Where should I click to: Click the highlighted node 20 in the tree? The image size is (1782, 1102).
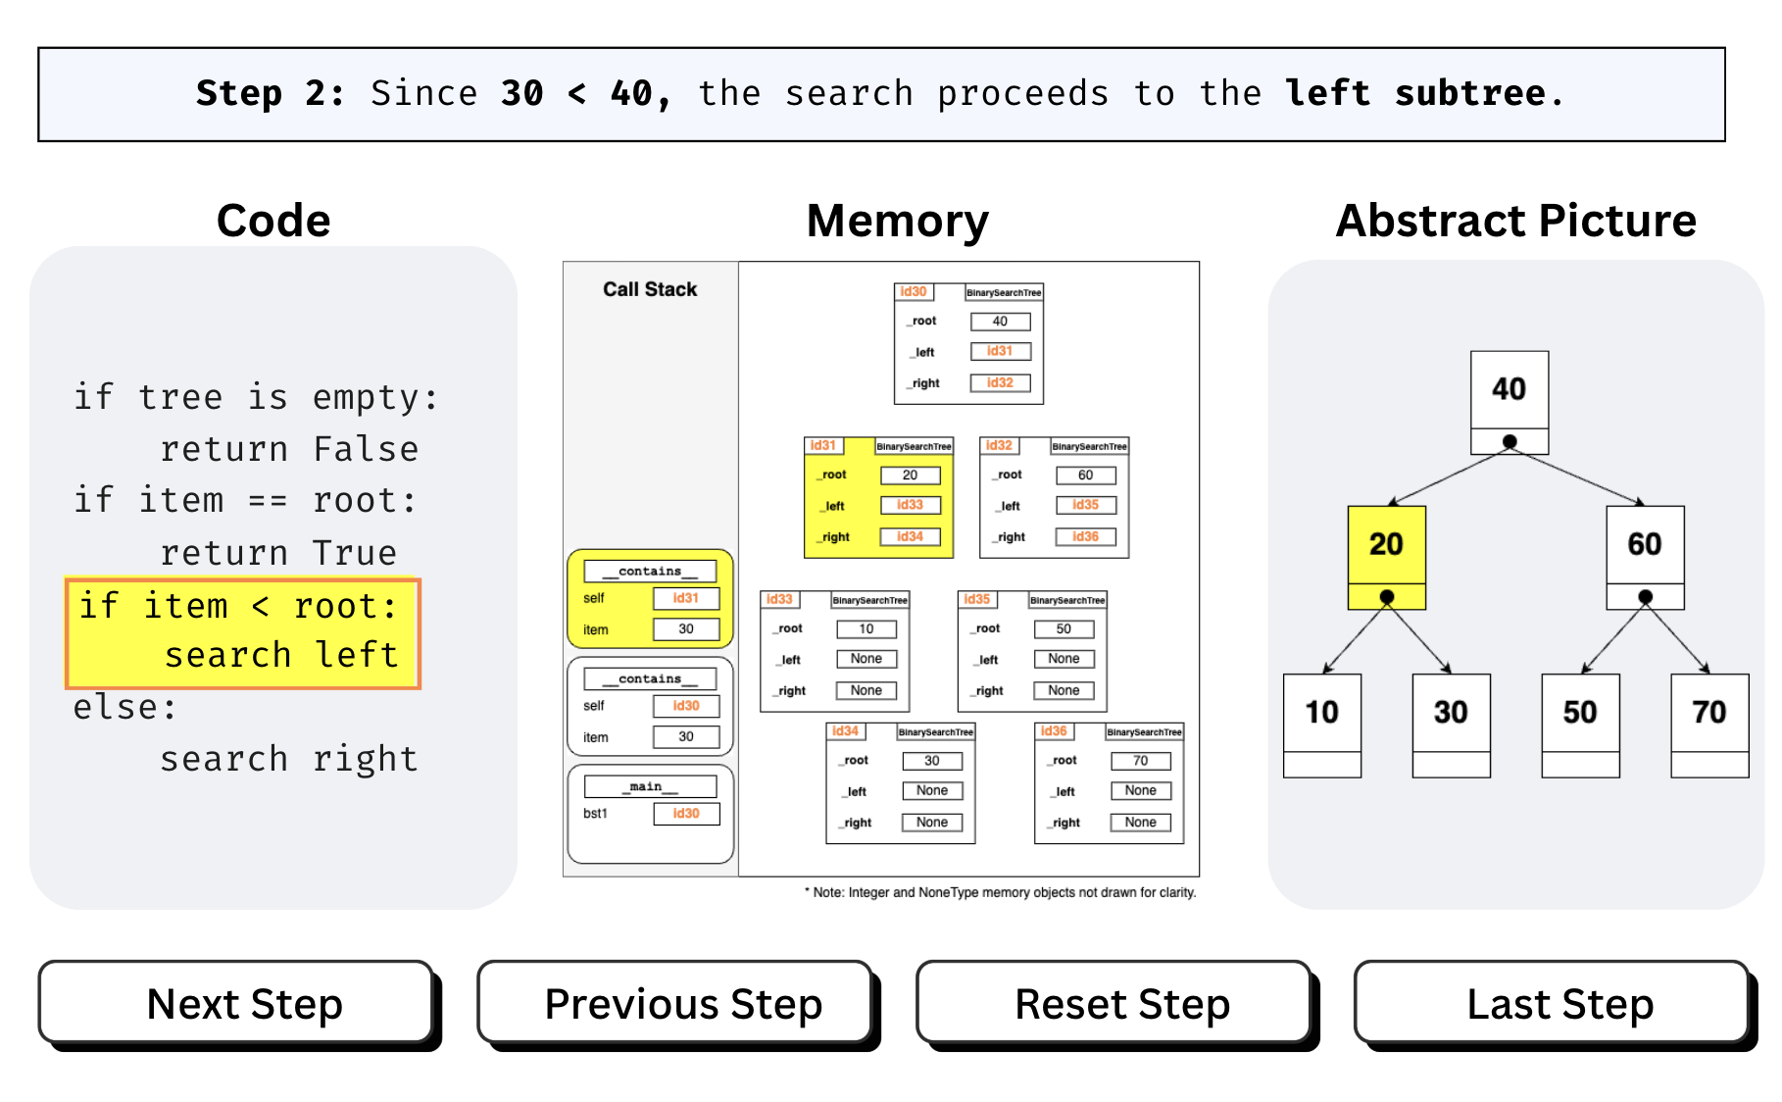tap(1386, 545)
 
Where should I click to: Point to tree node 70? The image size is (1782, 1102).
tap(1708, 713)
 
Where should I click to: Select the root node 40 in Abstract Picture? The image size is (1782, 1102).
tap(1509, 390)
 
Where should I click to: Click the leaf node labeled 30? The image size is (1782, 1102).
tap(1451, 713)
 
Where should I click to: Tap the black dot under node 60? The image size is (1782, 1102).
tap(1646, 596)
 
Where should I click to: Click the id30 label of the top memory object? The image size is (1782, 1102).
tap(914, 292)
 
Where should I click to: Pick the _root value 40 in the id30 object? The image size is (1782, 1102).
tap(1000, 322)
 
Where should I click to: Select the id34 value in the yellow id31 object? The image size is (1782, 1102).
tap(910, 536)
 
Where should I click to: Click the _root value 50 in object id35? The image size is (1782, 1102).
tap(1064, 629)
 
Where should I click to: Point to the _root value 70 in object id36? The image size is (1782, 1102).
tap(1140, 761)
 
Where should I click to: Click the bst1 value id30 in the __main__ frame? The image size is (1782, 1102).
tap(686, 814)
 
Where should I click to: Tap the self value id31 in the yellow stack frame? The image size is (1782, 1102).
tap(686, 598)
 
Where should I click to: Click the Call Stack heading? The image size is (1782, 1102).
tap(650, 289)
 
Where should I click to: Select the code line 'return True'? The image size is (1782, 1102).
tap(278, 553)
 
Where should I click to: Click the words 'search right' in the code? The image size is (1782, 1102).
tap(288, 759)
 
